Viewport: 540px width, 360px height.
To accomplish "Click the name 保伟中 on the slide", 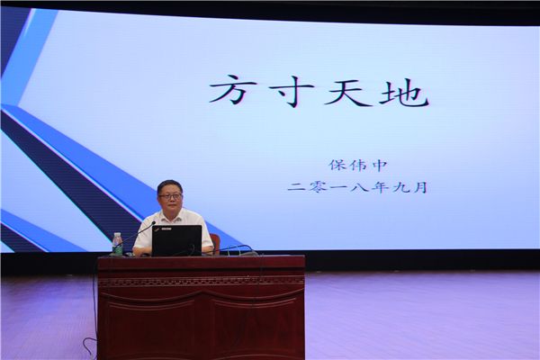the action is point(358,166).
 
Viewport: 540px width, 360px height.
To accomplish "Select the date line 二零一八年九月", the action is point(357,187).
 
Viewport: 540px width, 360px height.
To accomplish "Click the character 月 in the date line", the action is point(420,187).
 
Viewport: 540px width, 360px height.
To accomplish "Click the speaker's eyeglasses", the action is point(170,196).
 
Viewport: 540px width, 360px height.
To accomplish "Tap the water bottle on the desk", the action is point(117,244).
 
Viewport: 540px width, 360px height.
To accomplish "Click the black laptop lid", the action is point(176,240).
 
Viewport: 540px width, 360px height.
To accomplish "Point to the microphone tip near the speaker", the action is point(154,223).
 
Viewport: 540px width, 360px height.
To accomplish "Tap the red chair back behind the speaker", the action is point(215,242).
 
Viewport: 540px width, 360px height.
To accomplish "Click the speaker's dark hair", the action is point(169,186).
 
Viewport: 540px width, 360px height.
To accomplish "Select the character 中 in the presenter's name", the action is point(380,166).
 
